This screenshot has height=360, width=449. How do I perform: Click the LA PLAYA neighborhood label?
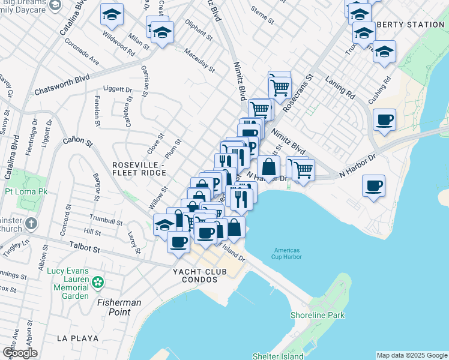tap(77, 338)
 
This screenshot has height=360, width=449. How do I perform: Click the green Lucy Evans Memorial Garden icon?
tap(97, 281)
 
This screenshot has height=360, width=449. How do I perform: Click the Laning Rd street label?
tap(340, 87)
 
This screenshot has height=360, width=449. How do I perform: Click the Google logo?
tap(20, 353)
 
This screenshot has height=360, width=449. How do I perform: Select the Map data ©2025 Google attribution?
tap(411, 355)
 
